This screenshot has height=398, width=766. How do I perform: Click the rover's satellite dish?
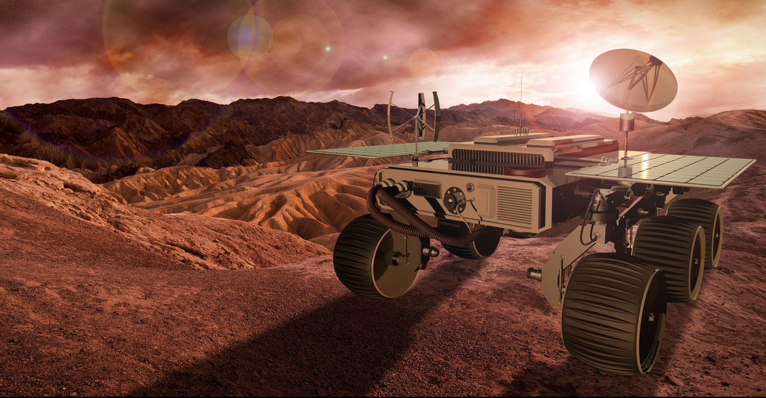(633, 80)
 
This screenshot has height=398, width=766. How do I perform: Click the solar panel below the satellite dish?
(664, 170)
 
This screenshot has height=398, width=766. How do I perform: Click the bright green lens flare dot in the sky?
(327, 49)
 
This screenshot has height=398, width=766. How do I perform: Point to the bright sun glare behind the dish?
(587, 87)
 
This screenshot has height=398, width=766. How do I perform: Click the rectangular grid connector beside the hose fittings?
(426, 189)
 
